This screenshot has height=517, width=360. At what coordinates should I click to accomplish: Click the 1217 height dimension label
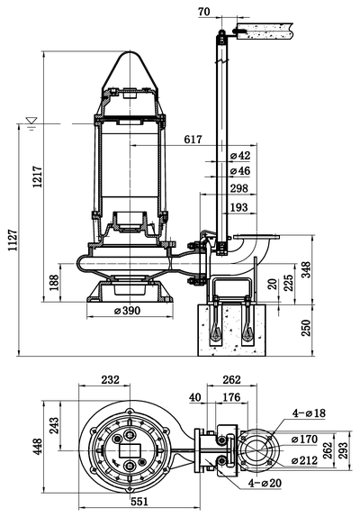tap(38, 177)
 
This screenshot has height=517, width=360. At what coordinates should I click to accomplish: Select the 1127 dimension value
tap(13, 240)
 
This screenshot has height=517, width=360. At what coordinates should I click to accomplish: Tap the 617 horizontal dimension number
tap(193, 140)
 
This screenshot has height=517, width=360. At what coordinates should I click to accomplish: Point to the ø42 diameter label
tap(239, 155)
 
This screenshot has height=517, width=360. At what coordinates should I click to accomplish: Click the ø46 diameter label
tap(239, 171)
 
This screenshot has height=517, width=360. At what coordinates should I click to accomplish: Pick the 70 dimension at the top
tap(204, 12)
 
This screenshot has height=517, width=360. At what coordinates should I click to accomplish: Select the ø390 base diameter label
tap(127, 310)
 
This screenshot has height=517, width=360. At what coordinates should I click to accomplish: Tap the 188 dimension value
tap(54, 282)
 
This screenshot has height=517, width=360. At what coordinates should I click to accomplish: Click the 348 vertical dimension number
tap(306, 269)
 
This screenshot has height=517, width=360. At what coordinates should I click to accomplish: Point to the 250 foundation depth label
tap(306, 328)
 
